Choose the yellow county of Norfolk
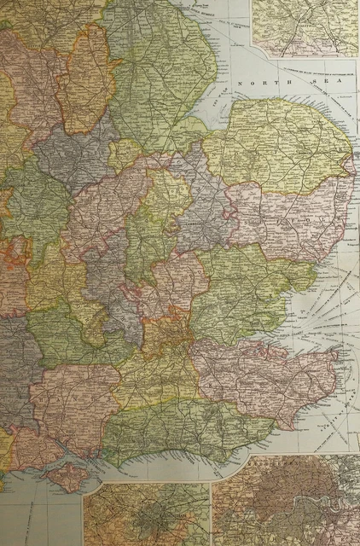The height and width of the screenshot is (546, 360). [x=282, y=145]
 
